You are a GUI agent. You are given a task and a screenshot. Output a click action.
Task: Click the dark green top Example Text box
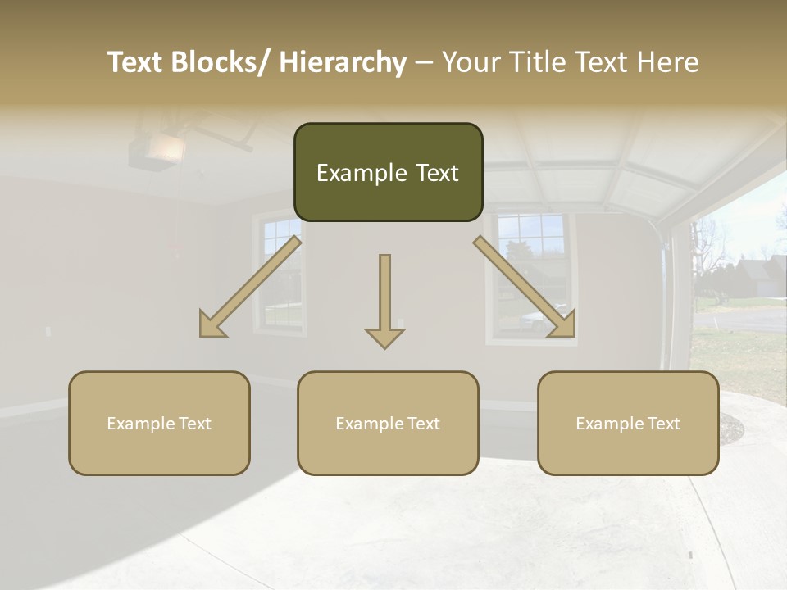point(388,172)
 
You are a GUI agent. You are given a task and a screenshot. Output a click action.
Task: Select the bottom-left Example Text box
point(159,423)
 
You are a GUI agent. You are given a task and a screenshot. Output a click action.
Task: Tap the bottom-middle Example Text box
point(388,423)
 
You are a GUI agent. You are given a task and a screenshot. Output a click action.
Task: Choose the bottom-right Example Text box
point(628,423)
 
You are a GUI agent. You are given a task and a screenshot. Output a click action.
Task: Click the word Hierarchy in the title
point(343,62)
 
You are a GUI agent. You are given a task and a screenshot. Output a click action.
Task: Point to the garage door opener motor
point(155,152)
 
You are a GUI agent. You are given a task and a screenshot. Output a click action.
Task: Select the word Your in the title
point(470,62)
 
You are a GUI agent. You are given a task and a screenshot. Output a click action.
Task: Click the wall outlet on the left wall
point(48,331)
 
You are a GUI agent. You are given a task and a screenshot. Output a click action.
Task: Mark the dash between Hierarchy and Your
point(424,62)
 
